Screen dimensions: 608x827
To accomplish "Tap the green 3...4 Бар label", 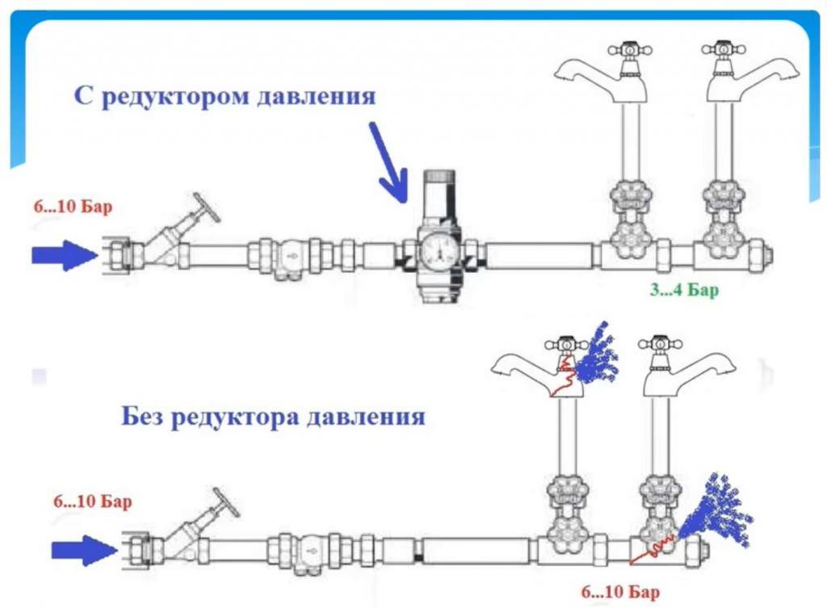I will (x=683, y=290).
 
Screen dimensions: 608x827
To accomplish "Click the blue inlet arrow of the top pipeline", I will (x=64, y=255).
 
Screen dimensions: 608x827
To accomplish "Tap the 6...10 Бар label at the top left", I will (x=73, y=207).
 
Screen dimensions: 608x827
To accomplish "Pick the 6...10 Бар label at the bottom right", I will (x=620, y=593).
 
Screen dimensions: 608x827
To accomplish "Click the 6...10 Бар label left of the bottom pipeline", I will (x=93, y=501).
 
